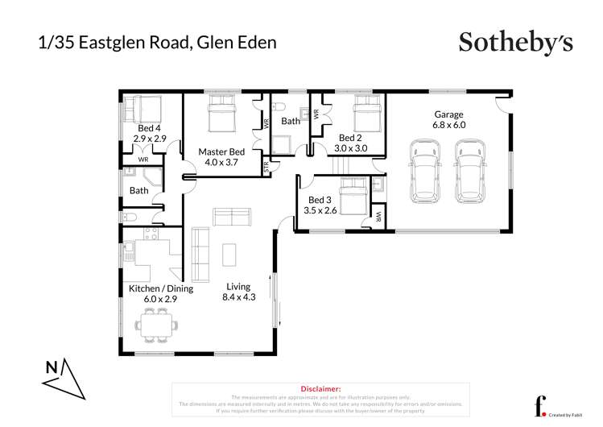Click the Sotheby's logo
(515, 41)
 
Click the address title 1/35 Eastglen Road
(157, 42)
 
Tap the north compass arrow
(65, 376)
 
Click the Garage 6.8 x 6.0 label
(448, 119)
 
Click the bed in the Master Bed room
(222, 114)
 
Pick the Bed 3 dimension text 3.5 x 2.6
(320, 211)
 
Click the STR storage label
(266, 167)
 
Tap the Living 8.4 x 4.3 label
(237, 292)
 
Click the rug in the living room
(229, 255)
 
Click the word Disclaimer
(321, 388)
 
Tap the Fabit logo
(540, 404)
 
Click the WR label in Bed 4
(142, 160)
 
